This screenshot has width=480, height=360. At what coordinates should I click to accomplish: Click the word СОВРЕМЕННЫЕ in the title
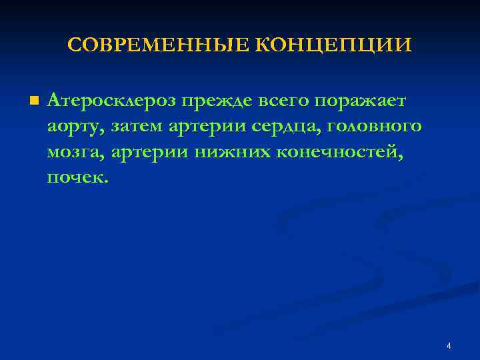159,45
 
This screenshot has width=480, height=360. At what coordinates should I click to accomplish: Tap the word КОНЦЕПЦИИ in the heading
334,45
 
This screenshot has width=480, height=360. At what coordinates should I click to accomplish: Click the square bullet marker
34,101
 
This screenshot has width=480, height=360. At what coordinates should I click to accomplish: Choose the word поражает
365,102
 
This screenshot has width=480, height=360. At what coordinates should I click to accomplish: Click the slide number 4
449,346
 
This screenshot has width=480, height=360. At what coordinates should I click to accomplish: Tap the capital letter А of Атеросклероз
54,101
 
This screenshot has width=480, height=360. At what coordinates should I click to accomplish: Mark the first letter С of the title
75,45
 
